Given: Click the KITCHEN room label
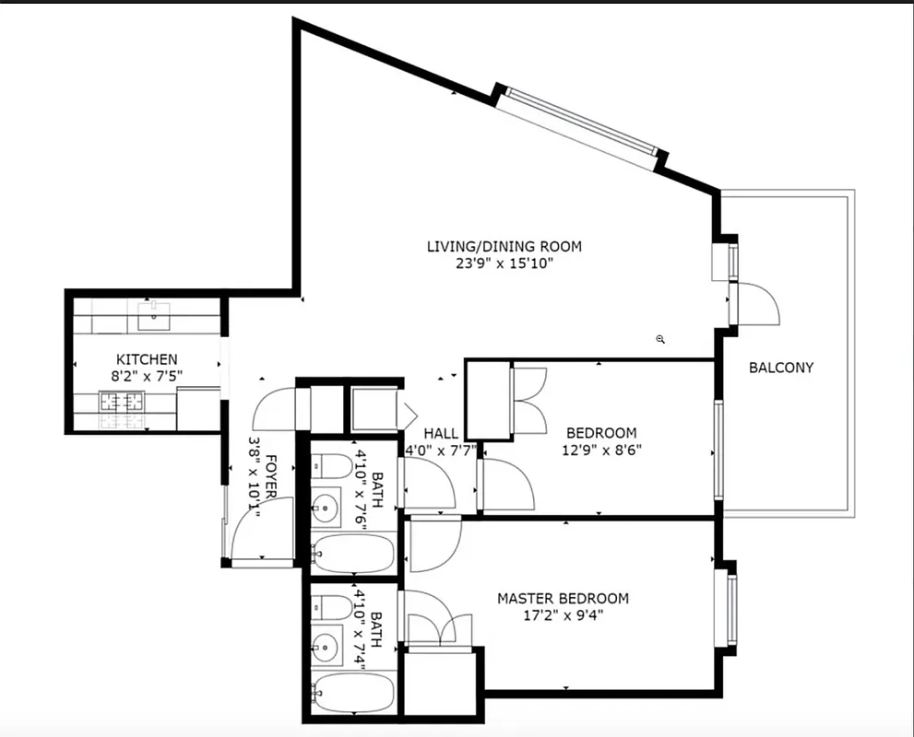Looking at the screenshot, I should click(x=147, y=358).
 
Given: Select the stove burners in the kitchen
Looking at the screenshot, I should click(x=123, y=402).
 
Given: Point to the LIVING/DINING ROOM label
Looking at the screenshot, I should click(x=504, y=246).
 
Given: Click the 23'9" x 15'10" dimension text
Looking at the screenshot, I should click(x=504, y=263).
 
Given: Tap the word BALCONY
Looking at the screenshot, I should click(x=780, y=368).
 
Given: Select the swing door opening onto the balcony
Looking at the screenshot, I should click(x=754, y=304).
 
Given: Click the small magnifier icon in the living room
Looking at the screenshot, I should click(x=660, y=339).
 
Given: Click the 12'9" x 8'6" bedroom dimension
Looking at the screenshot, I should click(x=601, y=450).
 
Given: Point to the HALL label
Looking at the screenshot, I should click(x=441, y=433).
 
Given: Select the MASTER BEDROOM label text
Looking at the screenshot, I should click(x=563, y=599).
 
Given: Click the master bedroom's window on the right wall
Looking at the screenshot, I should click(x=730, y=610).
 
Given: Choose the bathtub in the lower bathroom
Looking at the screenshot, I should click(x=353, y=692).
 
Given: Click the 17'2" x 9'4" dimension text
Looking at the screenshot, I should click(x=563, y=616).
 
